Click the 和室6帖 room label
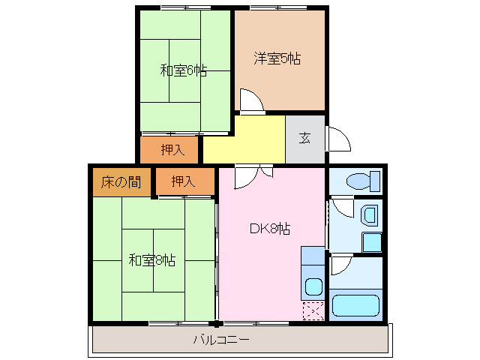pos(183,71)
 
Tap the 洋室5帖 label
pos(277,58)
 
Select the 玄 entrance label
pos(305,138)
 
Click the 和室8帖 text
pos(151,260)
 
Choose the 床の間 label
pos(121,181)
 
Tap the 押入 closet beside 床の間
pos(183,181)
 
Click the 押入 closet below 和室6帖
pos(172,149)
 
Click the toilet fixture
pos(364,181)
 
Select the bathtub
pos(357,305)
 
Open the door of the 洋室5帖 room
pos(249,100)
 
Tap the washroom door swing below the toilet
pos(342,205)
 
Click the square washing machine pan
pos(371,242)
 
